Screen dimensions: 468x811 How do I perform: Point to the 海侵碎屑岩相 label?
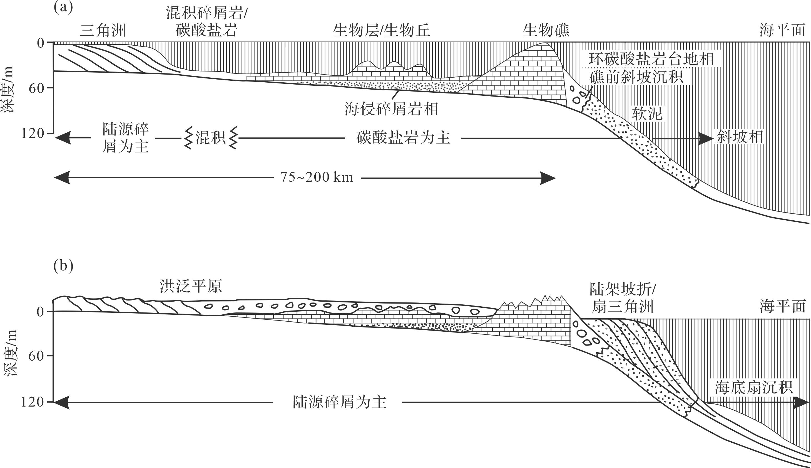coord(391,109)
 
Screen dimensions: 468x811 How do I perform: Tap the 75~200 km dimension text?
coord(317,178)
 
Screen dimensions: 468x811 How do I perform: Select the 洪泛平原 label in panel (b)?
coord(191,286)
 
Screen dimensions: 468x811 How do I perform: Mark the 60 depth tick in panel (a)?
coord(36,88)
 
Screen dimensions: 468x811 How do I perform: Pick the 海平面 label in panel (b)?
coord(783,306)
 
